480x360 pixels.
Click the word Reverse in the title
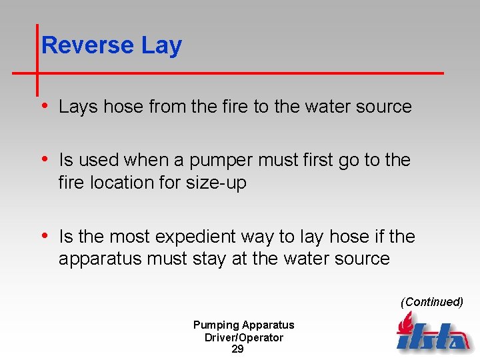pyautogui.click(x=87, y=46)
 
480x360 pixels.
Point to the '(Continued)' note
pyautogui.click(x=431, y=302)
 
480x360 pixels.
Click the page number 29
pyautogui.click(x=237, y=349)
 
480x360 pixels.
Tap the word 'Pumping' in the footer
pyautogui.click(x=215, y=325)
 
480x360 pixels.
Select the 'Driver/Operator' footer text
pyautogui.click(x=243, y=337)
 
